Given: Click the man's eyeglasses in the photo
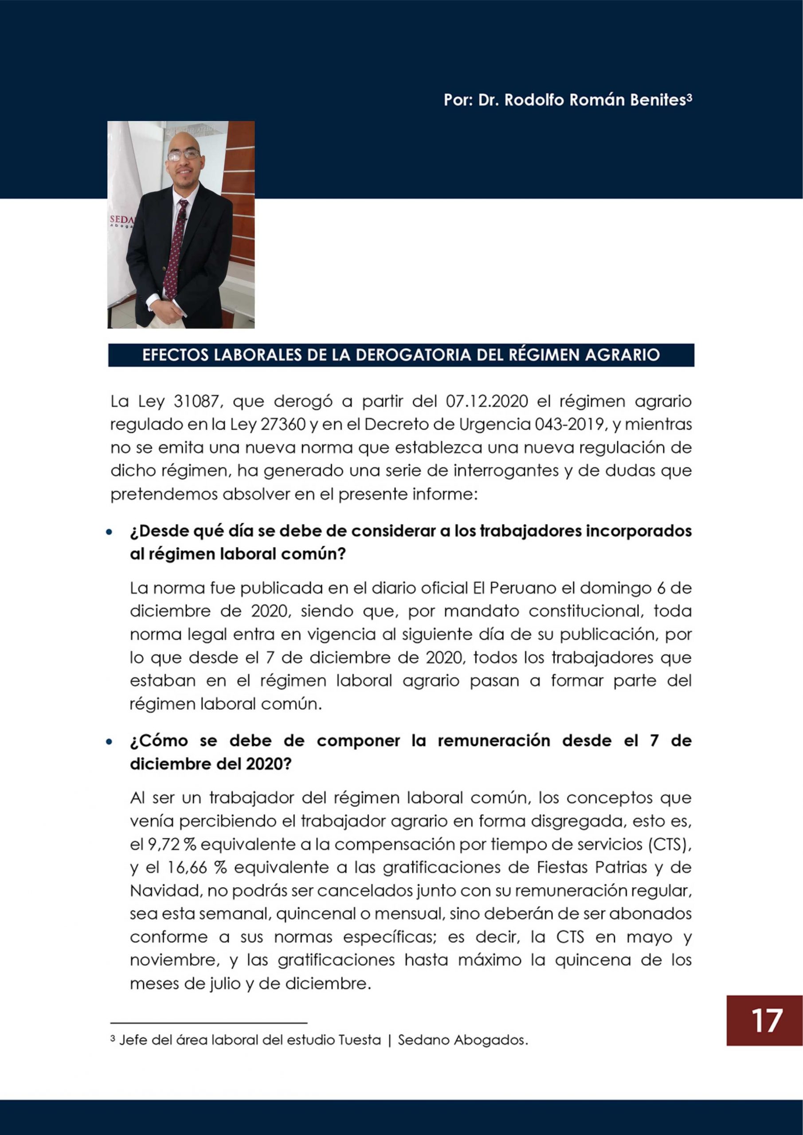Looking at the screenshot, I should pyautogui.click(x=183, y=155).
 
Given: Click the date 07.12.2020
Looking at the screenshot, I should pyautogui.click(x=487, y=401).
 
